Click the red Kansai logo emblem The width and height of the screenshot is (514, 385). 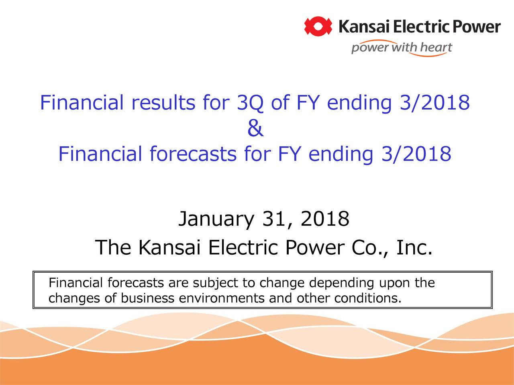(x=318, y=26)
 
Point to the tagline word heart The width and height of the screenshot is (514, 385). (x=436, y=48)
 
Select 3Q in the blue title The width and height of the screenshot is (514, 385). (x=251, y=103)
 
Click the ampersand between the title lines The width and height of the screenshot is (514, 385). (x=255, y=129)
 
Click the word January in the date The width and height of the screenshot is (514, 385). (x=216, y=219)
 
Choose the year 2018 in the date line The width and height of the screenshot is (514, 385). (x=324, y=219)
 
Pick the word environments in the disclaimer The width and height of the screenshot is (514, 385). (x=221, y=299)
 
